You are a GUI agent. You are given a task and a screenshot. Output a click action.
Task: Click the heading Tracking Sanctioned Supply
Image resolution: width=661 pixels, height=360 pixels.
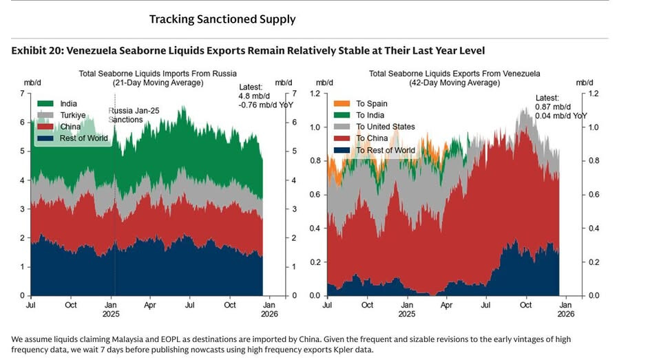tap(222, 19)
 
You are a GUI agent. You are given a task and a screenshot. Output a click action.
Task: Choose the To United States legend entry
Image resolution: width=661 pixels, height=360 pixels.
tap(386, 127)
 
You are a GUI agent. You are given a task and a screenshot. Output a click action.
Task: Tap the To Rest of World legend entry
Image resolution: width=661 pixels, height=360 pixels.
tap(386, 150)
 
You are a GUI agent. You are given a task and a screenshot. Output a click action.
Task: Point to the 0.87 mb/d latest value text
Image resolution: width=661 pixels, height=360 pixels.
tap(553, 107)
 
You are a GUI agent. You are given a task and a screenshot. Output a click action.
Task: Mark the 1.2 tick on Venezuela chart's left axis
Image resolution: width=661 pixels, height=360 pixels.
tap(315, 94)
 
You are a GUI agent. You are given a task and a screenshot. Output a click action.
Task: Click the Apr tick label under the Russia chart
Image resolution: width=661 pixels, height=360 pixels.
tap(149, 305)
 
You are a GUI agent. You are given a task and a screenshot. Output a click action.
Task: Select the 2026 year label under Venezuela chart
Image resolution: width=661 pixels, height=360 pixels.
tap(565, 314)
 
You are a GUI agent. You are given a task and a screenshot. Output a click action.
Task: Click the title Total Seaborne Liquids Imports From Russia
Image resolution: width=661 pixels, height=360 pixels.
tap(158, 73)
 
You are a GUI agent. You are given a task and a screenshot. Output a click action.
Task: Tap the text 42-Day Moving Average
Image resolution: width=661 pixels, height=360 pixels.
tap(454, 83)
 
